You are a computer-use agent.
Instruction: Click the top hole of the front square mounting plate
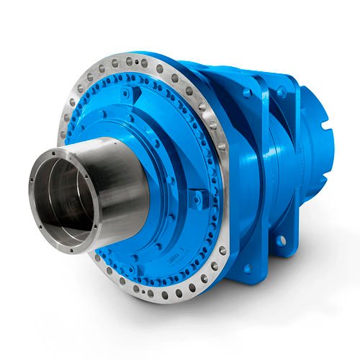click(x=248, y=93)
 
